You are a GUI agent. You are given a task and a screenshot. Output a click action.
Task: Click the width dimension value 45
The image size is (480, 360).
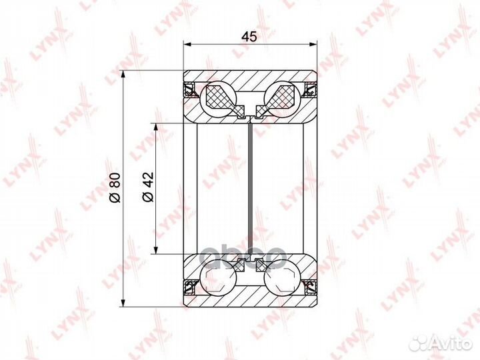pyautogui.click(x=249, y=37)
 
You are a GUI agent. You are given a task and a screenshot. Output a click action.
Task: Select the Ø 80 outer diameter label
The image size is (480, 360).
pyautogui.click(x=115, y=187)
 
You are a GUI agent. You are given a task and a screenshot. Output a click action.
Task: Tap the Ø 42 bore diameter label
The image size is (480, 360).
pyautogui.click(x=148, y=187)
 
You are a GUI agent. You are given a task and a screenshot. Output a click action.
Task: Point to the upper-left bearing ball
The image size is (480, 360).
pyautogui.click(x=218, y=99)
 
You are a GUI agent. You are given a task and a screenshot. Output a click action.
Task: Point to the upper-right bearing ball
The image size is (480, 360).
pyautogui.click(x=282, y=99)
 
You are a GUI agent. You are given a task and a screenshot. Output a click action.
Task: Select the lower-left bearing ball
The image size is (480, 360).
pyautogui.click(x=218, y=277)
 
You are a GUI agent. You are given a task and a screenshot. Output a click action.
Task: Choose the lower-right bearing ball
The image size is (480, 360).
pyautogui.click(x=282, y=277)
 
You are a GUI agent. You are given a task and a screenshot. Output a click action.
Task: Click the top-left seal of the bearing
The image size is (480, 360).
pyautogui.click(x=189, y=89)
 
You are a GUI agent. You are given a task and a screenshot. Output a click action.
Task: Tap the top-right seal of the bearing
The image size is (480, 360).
pyautogui.click(x=311, y=89)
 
